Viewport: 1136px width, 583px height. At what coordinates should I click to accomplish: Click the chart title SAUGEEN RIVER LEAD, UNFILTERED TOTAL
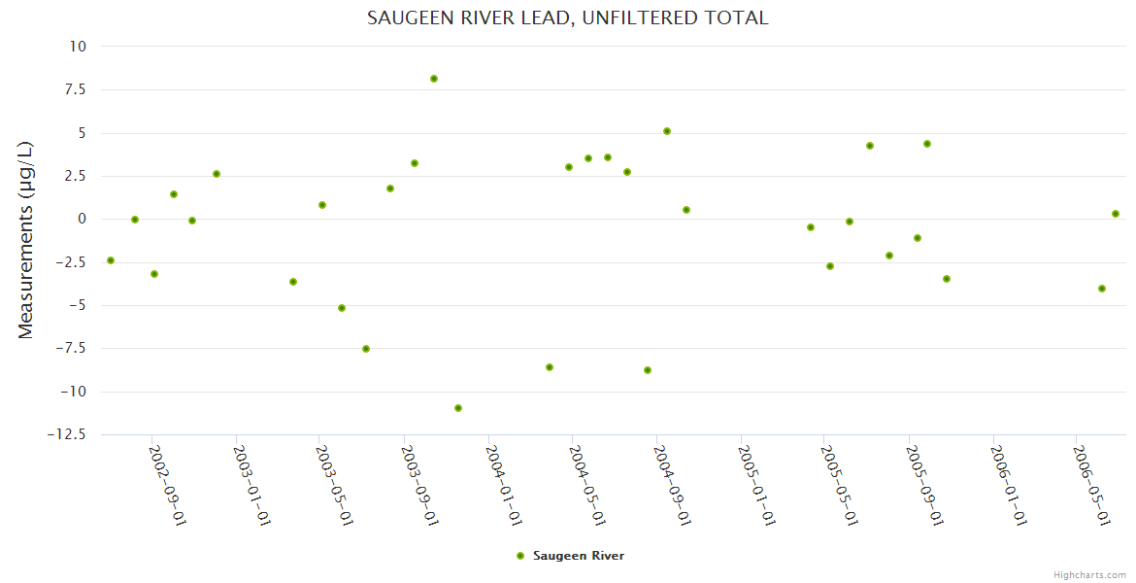coord(567,18)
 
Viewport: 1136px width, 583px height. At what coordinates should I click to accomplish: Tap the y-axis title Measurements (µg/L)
coord(26,240)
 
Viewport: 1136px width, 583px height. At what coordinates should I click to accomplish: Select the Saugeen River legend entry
coord(571,556)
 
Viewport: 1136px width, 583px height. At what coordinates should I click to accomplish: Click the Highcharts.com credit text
coord(1089,574)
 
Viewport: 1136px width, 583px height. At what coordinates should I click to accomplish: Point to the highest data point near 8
coord(434,79)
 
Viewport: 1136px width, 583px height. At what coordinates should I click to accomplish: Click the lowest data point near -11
coord(458,408)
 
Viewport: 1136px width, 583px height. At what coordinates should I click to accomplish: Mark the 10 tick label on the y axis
coord(78,47)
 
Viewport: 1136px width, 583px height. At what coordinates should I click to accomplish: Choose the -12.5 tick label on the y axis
coord(66,434)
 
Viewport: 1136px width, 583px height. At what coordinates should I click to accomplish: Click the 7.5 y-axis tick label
coord(74,89)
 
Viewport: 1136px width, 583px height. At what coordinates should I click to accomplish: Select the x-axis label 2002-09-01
coord(167,485)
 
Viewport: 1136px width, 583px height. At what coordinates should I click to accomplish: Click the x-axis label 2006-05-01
coord(1090,485)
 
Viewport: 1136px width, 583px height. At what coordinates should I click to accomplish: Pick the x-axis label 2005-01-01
coord(756,485)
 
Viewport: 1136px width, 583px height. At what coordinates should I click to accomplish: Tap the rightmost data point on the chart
coord(1116,214)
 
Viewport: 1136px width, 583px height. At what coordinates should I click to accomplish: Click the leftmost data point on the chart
coord(111,260)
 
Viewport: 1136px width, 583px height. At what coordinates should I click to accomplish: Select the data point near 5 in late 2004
coord(667,131)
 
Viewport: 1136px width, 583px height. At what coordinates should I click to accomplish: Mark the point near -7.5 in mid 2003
coord(366,349)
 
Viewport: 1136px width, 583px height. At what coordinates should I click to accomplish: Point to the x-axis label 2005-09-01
coord(924,485)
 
